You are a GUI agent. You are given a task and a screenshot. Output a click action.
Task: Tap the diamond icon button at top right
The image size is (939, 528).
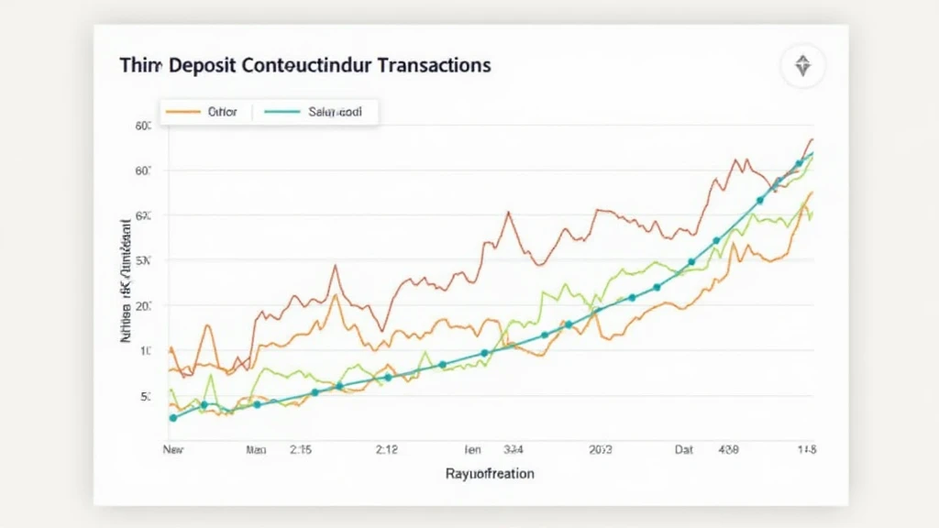[x=802, y=66]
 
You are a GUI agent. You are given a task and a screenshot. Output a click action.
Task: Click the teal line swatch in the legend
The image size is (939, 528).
[x=282, y=112]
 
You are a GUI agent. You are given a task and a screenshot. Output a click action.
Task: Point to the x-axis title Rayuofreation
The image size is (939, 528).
[x=490, y=474]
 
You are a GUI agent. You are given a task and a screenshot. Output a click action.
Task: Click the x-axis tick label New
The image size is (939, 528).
[x=172, y=450]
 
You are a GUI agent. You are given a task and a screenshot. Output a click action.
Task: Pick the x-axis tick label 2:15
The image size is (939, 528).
[x=302, y=450]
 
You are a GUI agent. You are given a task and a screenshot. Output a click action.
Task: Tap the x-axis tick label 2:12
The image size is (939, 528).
[x=386, y=450]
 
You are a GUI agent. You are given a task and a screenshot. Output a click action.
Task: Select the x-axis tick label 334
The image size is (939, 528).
[x=513, y=450]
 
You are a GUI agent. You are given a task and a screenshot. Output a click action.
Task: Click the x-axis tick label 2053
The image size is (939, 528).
[x=601, y=450]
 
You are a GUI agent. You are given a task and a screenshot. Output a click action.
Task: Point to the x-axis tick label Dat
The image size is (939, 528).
[x=684, y=450]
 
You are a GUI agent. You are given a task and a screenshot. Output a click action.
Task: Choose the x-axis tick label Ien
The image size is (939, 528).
[x=473, y=450]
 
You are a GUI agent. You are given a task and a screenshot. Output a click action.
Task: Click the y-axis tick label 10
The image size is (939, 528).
[x=145, y=351]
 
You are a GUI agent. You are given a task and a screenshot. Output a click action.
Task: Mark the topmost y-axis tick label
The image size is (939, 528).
[x=143, y=126]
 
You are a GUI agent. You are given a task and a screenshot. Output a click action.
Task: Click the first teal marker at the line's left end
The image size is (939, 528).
[x=173, y=417]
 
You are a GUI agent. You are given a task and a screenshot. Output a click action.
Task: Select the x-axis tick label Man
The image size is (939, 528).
[x=256, y=450]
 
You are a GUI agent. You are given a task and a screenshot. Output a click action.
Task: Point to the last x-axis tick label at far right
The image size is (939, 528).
[x=807, y=450]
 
